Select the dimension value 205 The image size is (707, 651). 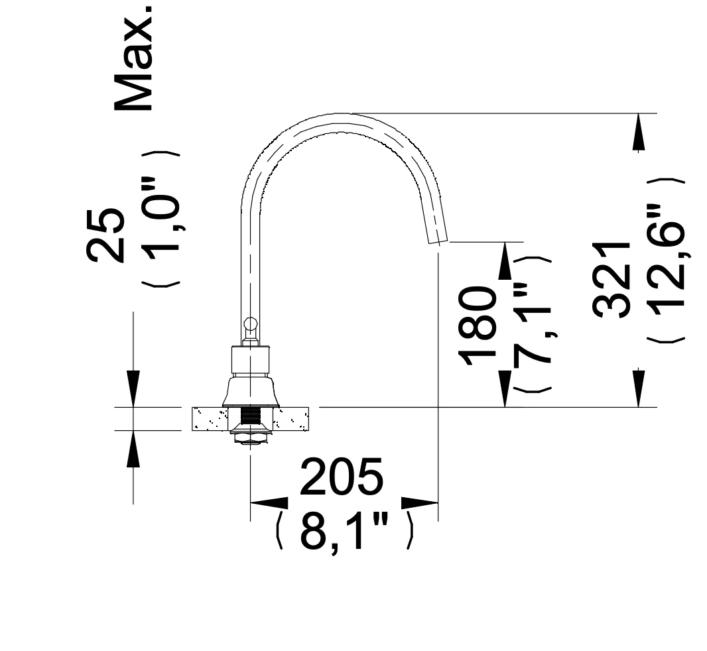pos(342,476)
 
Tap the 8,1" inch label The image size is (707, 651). pos(344,530)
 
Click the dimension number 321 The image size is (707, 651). pos(611,280)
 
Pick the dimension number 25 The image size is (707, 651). pos(105,235)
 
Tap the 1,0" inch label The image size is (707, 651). pos(161,219)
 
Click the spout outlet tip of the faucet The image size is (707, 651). pos(438,240)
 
